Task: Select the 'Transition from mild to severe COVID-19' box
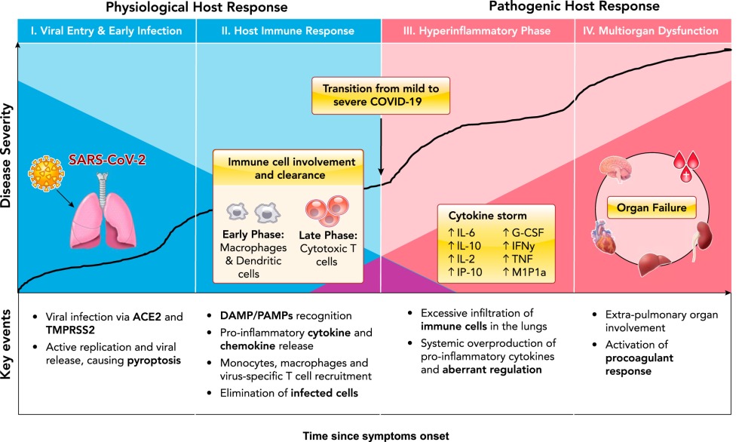(381, 94)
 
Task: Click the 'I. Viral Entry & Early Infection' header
(106, 32)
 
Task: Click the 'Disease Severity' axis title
(8, 158)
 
